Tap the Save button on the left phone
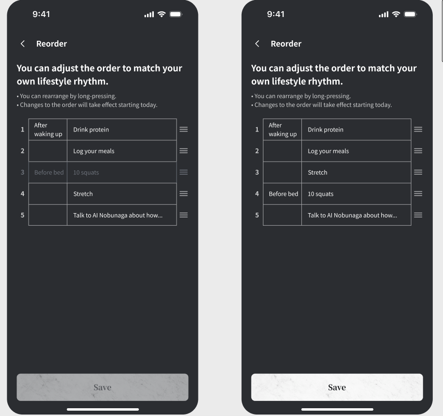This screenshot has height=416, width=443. tap(102, 387)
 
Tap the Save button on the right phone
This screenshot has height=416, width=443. tap(337, 387)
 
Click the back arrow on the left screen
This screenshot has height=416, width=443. tap(23, 44)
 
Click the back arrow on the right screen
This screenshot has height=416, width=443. tap(257, 44)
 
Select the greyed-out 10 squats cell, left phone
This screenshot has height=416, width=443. tap(122, 172)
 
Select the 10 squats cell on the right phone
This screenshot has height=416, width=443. tap(356, 194)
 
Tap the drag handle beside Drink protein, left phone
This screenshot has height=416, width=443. tap(183, 130)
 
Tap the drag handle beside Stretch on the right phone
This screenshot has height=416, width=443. tap(418, 172)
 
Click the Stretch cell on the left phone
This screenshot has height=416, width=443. tap(122, 194)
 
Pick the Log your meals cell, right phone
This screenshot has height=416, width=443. tap(356, 151)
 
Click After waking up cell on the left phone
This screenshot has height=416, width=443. tap(48, 130)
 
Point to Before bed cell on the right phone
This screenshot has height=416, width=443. tap(282, 194)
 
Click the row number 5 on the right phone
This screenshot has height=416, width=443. tap(257, 215)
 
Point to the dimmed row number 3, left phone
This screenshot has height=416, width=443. tap(22, 172)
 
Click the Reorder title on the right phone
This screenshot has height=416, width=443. tap(286, 44)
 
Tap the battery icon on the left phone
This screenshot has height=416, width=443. tap(176, 14)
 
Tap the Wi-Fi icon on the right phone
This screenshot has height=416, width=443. tap(396, 14)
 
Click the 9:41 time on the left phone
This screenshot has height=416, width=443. tap(41, 14)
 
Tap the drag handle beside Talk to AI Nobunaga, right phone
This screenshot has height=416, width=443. tap(418, 215)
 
